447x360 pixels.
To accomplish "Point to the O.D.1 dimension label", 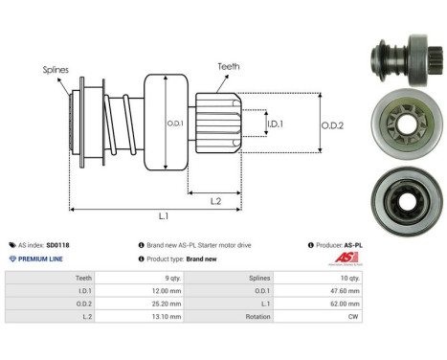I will tap(173, 123).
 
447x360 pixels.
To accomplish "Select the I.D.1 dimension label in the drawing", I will tap(275, 124).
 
